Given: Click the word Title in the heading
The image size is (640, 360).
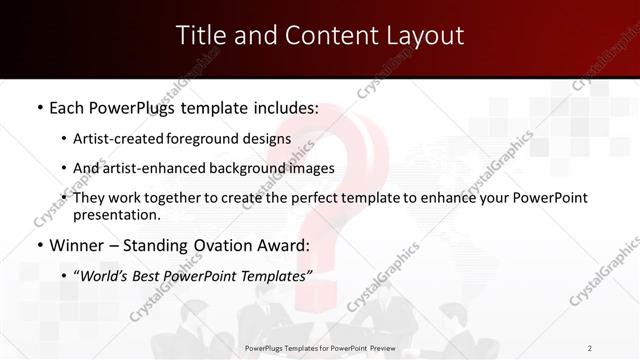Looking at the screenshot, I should click(x=200, y=36).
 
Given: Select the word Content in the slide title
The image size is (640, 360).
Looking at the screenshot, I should click(x=320, y=36).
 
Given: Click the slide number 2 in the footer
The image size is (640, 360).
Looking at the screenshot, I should click(x=591, y=348).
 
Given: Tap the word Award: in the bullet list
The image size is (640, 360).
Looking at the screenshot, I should click(x=285, y=245).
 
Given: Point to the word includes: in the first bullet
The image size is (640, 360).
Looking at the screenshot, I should click(x=280, y=107).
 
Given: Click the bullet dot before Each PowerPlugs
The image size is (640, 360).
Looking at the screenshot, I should click(x=39, y=107).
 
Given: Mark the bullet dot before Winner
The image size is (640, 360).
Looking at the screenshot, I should click(x=39, y=245).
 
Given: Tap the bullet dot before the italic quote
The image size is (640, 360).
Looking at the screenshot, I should click(x=65, y=276).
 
